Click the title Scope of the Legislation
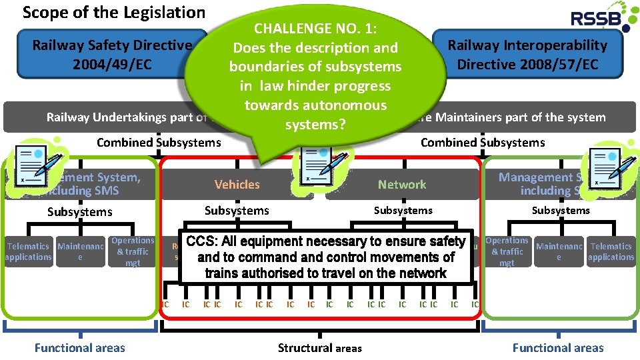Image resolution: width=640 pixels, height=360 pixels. point(114,12)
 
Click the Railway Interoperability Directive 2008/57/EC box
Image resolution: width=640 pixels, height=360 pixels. point(527,54)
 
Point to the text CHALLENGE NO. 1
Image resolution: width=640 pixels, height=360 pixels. point(315,28)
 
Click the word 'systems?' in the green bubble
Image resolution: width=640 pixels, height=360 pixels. point(315,125)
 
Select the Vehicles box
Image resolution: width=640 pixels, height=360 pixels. point(237,185)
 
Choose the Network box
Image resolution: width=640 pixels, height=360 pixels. point(402,185)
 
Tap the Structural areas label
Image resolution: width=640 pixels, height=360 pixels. point(320,347)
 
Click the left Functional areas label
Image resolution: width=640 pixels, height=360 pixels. point(79,347)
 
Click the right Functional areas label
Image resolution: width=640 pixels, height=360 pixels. point(558,347)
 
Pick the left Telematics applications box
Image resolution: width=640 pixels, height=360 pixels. point(28,251)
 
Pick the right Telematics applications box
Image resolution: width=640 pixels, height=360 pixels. point(611,251)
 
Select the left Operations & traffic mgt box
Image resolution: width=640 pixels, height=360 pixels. point(133,251)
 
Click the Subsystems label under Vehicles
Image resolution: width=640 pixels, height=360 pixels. point(237,211)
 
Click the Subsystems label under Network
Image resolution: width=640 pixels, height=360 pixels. point(403,211)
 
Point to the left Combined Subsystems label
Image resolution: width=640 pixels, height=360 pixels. point(159,142)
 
